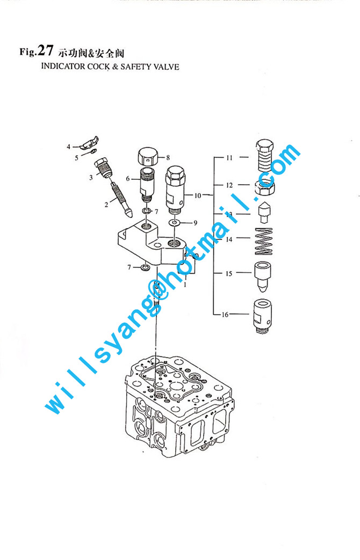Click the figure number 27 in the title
pyautogui.click(x=45, y=50)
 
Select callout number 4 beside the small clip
pyautogui.click(x=68, y=147)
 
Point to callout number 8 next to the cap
pyautogui.click(x=168, y=157)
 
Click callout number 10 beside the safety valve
pyautogui.click(x=198, y=195)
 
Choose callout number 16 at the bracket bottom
pyautogui.click(x=225, y=315)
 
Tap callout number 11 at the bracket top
pyautogui.click(x=229, y=157)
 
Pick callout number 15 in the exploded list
pyautogui.click(x=229, y=274)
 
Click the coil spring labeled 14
pyautogui.click(x=264, y=241)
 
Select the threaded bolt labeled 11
pyautogui.click(x=264, y=156)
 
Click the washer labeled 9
pyautogui.click(x=175, y=223)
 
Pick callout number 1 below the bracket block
pyautogui.click(x=185, y=285)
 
